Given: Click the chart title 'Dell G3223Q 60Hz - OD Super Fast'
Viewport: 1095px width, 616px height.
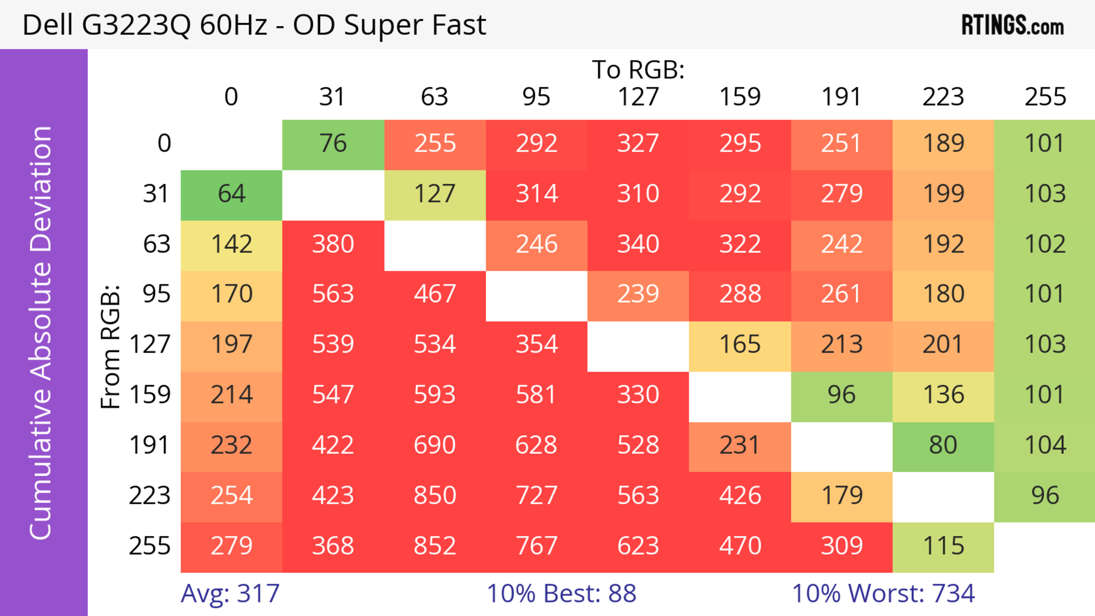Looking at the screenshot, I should [254, 25].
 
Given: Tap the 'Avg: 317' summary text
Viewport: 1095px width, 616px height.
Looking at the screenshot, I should [230, 593].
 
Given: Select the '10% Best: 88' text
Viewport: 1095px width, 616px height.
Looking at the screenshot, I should [561, 593].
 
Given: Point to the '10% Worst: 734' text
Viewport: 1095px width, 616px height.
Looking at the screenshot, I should [883, 593].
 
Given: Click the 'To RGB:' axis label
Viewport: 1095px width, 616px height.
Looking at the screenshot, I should [638, 70].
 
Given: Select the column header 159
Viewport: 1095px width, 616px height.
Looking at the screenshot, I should [740, 97].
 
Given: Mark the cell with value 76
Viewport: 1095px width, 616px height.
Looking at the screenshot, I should [333, 144].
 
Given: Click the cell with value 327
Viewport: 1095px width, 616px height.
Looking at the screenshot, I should [638, 144].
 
